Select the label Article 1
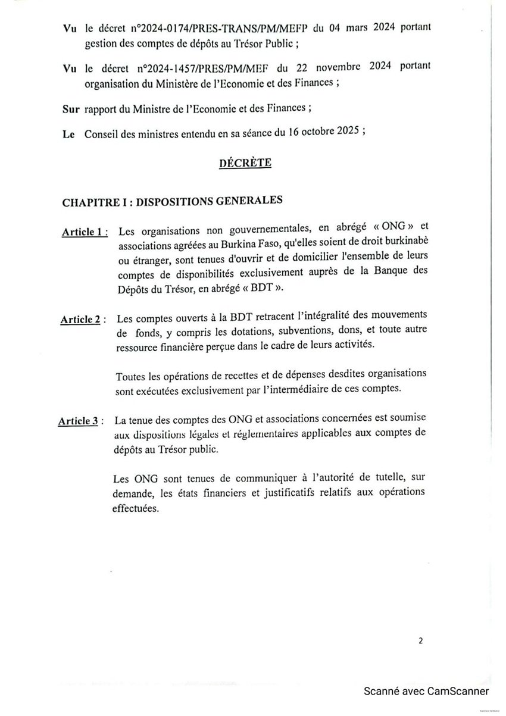coord(81,232)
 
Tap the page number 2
coord(421,641)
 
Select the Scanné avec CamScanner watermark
coord(426,691)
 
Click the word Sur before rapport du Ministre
coord(71,110)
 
